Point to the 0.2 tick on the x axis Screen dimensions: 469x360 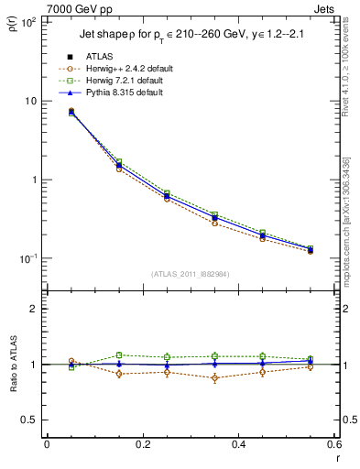(142, 443)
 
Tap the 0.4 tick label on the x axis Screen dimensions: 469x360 (238, 443)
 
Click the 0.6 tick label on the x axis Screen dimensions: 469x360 (333, 443)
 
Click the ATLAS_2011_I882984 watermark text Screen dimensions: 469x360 (191, 273)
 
